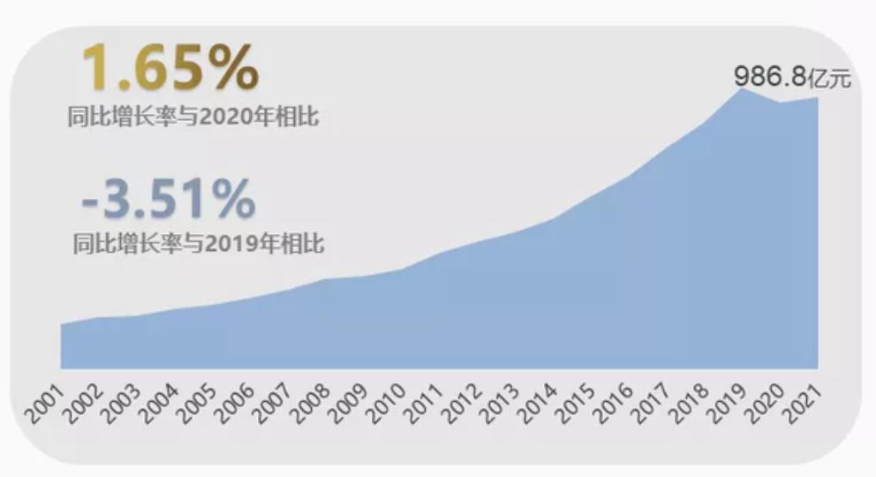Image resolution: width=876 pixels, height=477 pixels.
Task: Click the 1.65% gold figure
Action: pos(170,68)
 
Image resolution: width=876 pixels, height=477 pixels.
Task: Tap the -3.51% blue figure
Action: pos(168,199)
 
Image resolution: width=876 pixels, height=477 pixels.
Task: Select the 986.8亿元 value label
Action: pos(791,78)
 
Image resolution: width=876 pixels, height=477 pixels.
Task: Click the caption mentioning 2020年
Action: pos(193,117)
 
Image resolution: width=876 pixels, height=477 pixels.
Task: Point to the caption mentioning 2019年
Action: pos(199,244)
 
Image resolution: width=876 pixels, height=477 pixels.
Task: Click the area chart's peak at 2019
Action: pos(742,88)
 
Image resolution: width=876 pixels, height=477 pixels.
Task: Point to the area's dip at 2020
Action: pos(780,102)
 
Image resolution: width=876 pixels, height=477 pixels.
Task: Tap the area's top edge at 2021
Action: pos(817,97)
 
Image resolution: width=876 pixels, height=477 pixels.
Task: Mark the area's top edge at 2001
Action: pos(61,324)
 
